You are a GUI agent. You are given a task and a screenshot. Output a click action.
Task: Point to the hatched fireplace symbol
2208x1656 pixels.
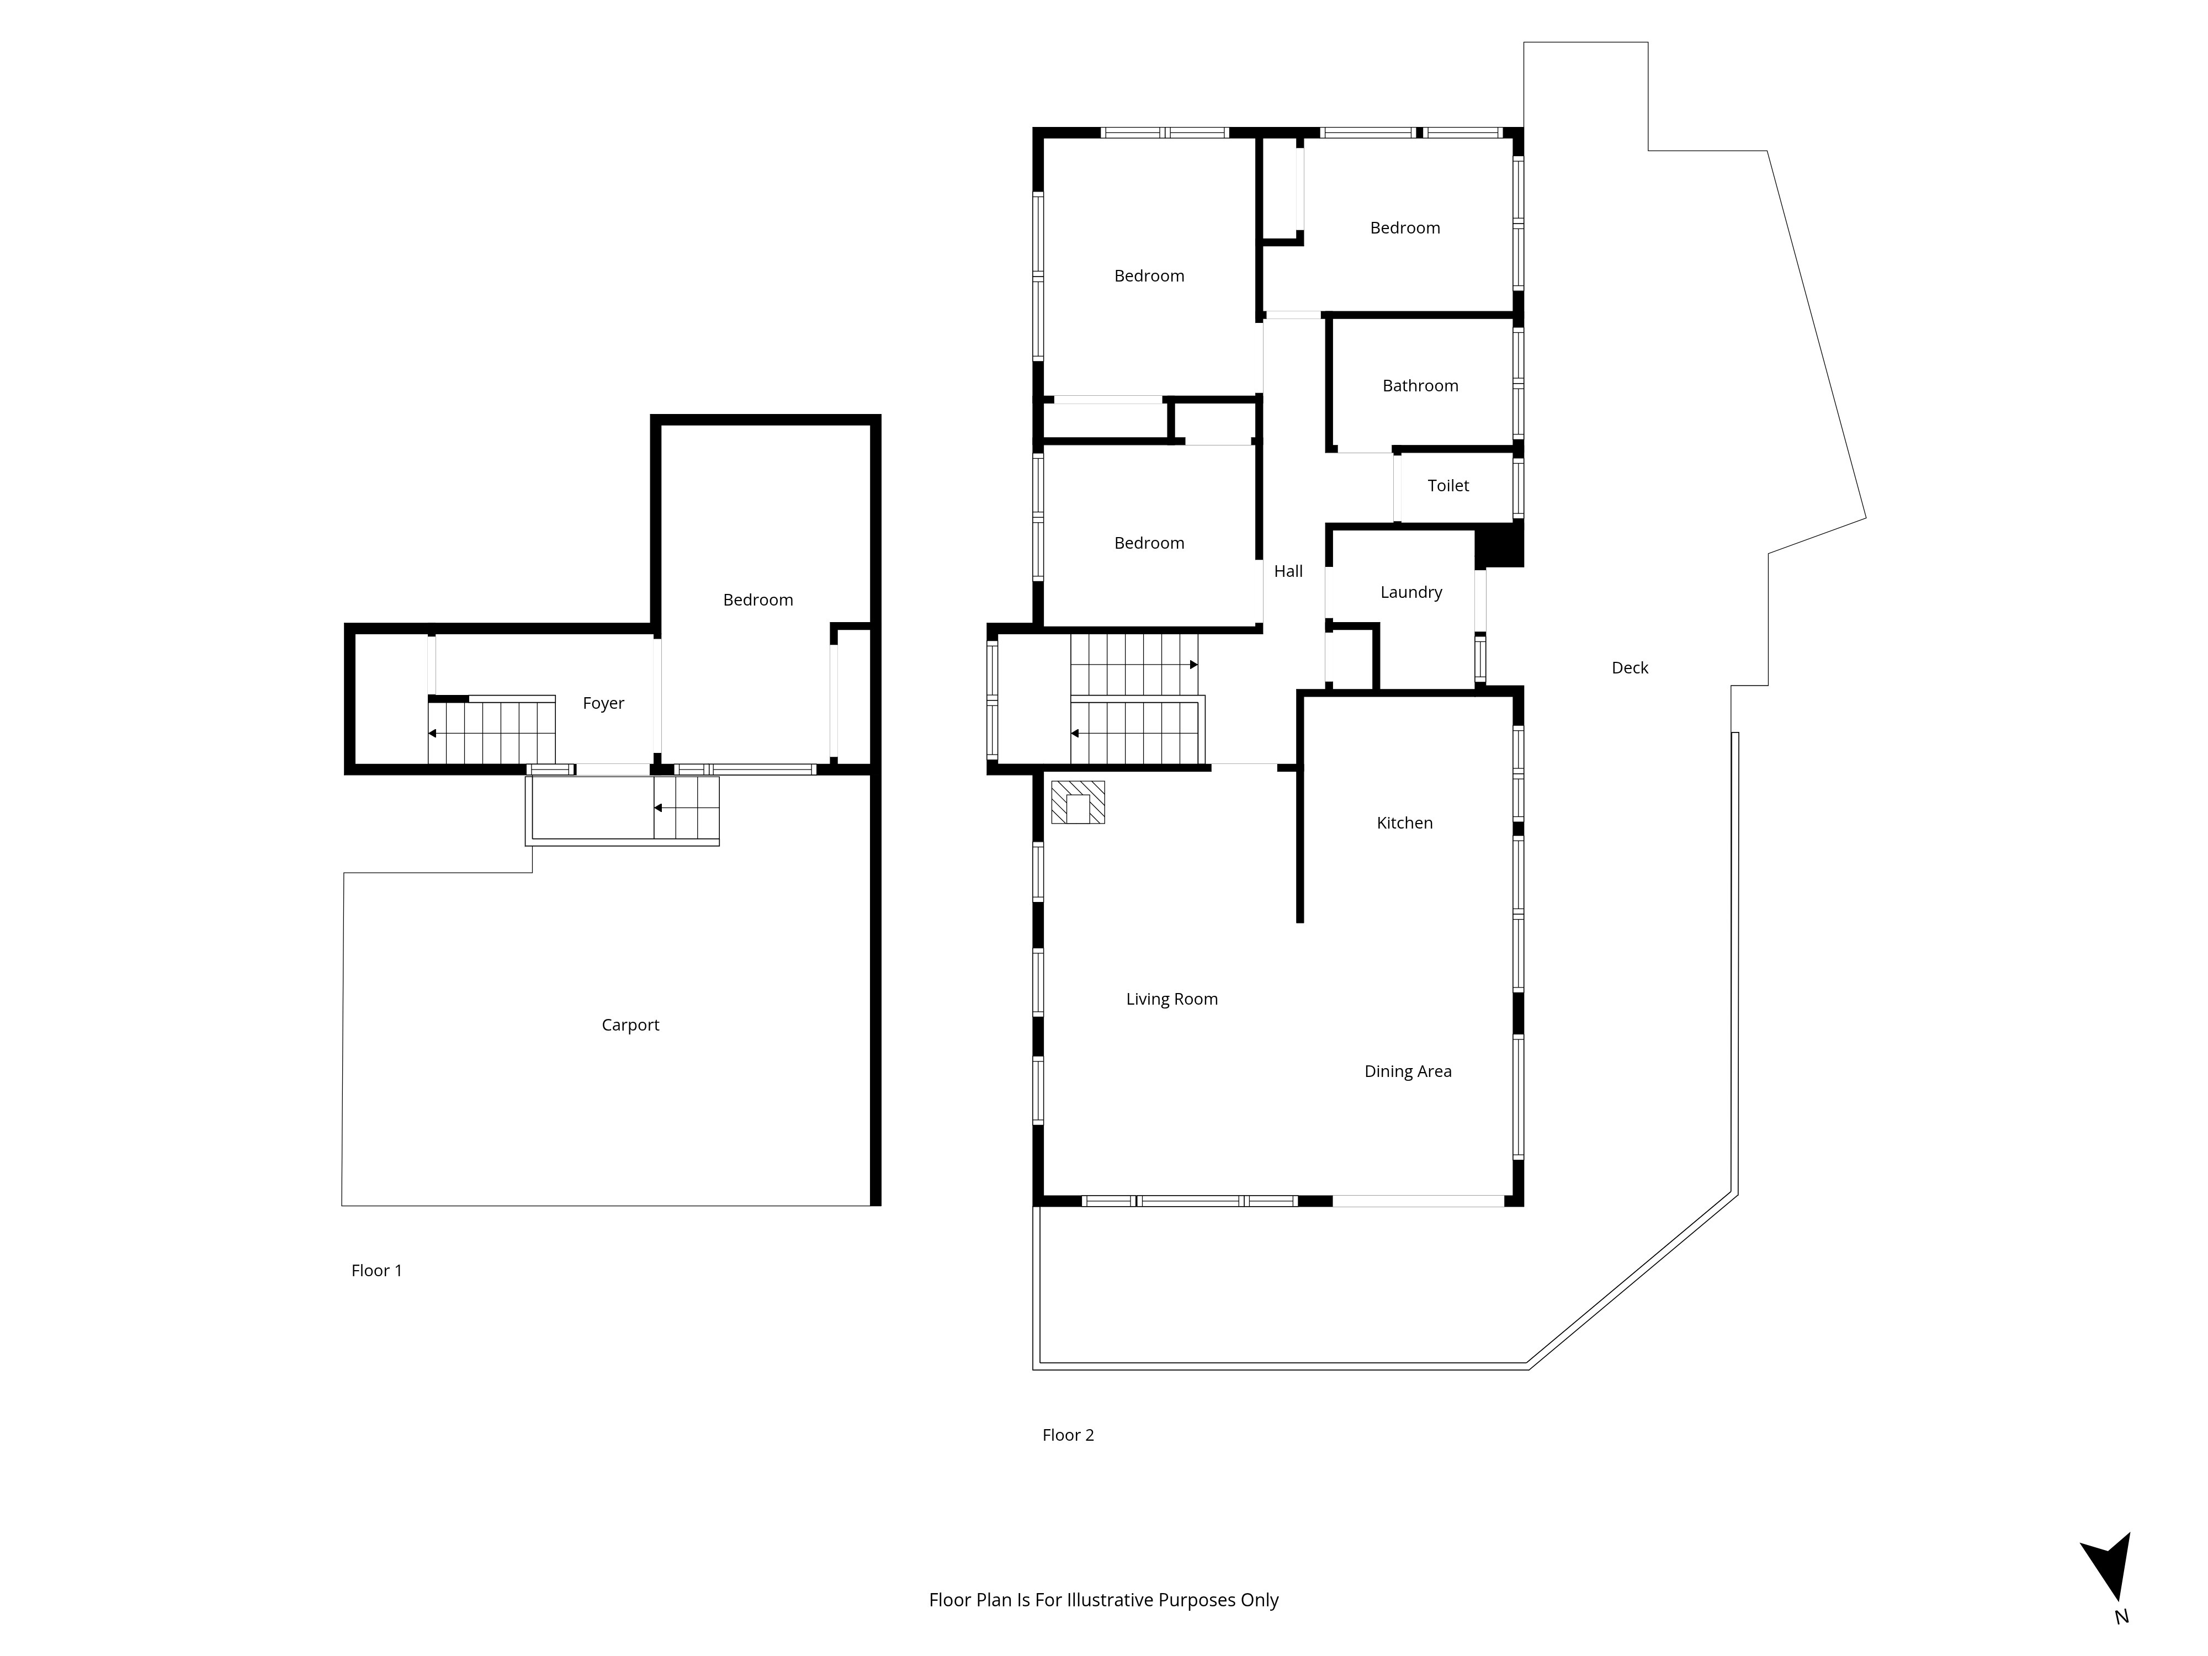(x=1078, y=803)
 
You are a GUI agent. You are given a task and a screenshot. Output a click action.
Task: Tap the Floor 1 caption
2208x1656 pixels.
(x=376, y=1271)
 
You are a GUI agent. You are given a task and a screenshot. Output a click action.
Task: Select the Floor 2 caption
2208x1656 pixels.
(x=1068, y=1435)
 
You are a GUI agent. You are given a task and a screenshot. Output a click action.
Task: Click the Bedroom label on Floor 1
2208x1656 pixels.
(x=758, y=600)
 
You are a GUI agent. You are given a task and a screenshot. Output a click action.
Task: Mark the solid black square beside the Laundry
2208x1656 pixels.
(x=1499, y=547)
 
